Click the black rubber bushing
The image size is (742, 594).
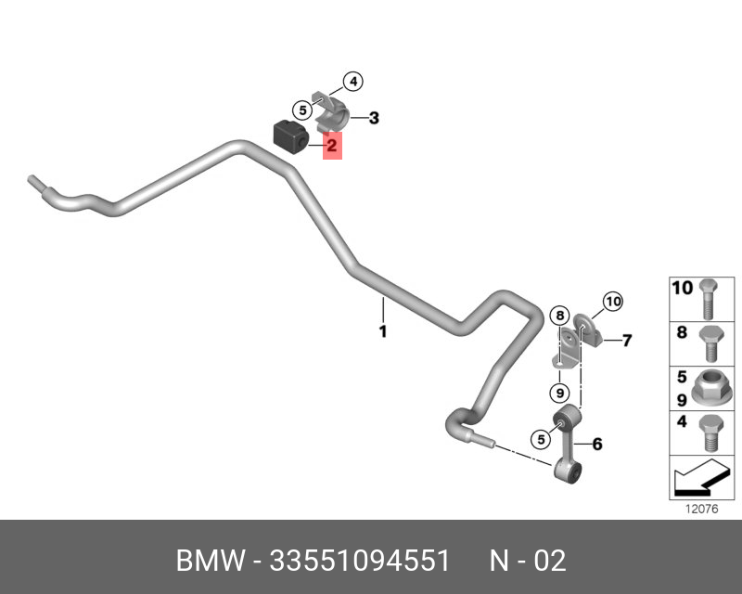point(291,135)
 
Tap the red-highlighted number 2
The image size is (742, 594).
point(332,145)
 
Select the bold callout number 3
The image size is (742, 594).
point(374,118)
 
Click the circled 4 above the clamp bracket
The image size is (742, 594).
point(353,82)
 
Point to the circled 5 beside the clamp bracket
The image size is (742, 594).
point(302,110)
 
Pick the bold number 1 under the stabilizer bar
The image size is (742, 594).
point(383,331)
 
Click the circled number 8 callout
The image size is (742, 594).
point(560,316)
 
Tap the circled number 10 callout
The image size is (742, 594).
point(613,302)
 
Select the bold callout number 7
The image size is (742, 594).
point(627,340)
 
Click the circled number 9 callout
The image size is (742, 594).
point(560,393)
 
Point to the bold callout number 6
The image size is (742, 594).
point(597,445)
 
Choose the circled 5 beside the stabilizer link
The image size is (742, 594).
point(541,440)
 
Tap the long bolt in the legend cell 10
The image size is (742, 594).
point(708,299)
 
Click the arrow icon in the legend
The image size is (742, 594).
point(701,477)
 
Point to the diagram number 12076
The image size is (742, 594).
point(702,509)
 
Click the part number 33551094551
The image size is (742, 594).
point(360,561)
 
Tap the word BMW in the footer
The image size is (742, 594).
point(211,561)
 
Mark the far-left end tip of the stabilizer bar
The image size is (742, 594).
point(31,179)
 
